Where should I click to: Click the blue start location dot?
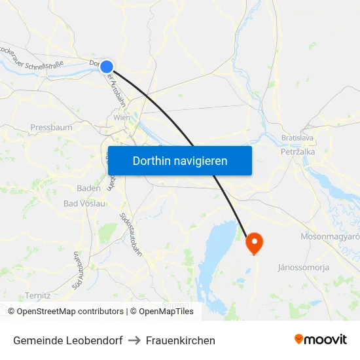[107, 66]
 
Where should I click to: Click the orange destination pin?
[254, 243]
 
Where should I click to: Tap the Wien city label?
[122, 117]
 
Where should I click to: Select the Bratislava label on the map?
[298, 138]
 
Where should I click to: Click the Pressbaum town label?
[51, 128]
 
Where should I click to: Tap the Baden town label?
[88, 188]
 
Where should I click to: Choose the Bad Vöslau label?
[84, 204]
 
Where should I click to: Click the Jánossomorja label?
[304, 267]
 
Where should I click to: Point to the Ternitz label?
[37, 295]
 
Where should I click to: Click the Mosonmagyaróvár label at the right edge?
[331, 236]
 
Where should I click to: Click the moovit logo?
[320, 340]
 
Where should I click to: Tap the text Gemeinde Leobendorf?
[67, 340]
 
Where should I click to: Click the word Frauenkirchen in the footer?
[181, 340]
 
